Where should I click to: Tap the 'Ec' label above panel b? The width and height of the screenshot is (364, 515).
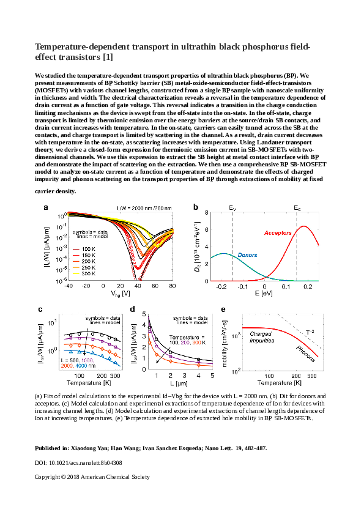297,209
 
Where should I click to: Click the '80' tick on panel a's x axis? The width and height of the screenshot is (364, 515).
173,286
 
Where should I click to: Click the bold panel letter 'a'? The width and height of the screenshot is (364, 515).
45,208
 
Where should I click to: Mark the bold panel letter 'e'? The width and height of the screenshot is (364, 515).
222,309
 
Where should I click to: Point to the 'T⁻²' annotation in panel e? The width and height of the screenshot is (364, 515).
310,332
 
